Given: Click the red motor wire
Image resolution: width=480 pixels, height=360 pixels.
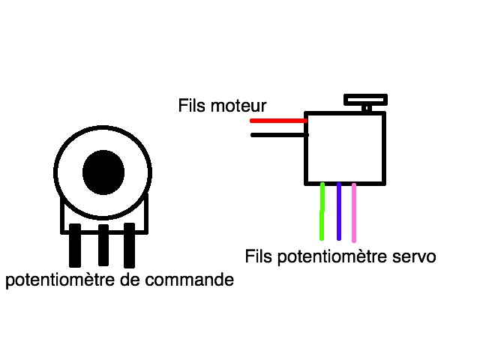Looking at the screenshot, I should [277, 120].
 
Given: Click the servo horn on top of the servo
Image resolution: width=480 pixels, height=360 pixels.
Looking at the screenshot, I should [365, 99].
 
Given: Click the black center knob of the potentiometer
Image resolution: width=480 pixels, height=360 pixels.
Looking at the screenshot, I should [103, 172].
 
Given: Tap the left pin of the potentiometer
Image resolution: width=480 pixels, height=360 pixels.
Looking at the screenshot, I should [75, 245].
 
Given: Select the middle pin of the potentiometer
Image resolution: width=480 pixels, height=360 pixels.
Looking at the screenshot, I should [103, 245].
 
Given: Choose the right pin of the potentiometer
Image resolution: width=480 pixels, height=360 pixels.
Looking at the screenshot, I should [130, 245].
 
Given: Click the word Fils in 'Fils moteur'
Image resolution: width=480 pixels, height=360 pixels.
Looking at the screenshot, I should [191, 104].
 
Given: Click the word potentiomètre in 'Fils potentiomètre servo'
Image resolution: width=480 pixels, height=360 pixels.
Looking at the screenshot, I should [332, 256].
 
